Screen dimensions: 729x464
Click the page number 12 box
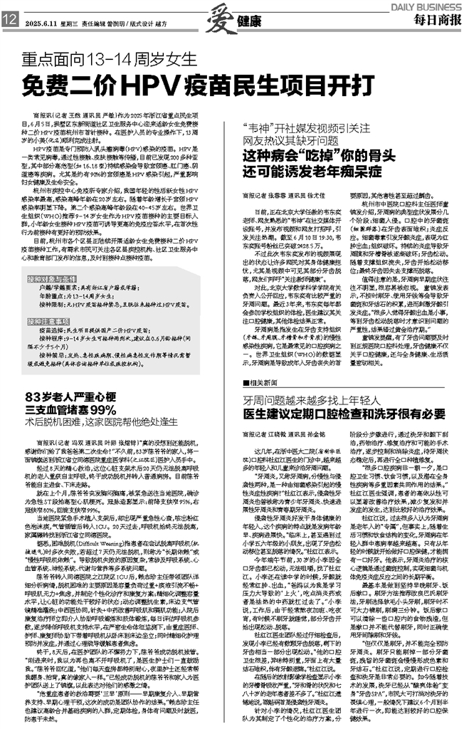tap(10, 22)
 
